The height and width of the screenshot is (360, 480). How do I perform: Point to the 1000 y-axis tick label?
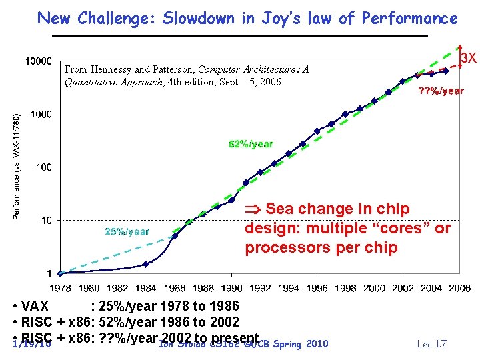click(x=41, y=115)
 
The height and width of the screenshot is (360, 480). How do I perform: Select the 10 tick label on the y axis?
click(x=46, y=220)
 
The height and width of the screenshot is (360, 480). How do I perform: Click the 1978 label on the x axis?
click(x=61, y=289)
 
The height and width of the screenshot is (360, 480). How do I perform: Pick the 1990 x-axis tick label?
click(x=231, y=289)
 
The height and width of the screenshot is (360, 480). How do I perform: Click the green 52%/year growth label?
click(x=251, y=144)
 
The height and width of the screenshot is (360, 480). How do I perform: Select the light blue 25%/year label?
click(x=127, y=232)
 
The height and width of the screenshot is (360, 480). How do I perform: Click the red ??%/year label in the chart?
click(x=441, y=91)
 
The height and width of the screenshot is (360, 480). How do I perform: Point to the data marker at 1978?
click(x=61, y=273)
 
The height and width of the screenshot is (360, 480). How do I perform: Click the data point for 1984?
click(x=146, y=264)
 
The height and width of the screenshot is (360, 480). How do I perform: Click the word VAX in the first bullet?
click(x=35, y=307)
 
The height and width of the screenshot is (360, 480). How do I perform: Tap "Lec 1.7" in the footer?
click(x=431, y=344)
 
